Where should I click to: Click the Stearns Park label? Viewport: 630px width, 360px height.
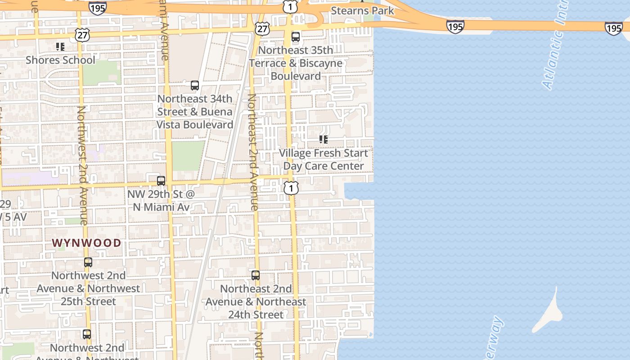(x=362, y=11)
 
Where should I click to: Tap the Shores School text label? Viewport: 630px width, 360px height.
(x=60, y=60)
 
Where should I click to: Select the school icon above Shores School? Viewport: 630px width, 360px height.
(x=60, y=46)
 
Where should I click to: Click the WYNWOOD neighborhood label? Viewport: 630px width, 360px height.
(x=86, y=243)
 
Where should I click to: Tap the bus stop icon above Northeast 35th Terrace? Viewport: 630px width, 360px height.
(x=296, y=37)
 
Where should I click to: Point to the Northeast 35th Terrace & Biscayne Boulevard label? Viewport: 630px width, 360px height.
(x=296, y=63)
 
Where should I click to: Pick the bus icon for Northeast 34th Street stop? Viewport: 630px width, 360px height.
(x=195, y=85)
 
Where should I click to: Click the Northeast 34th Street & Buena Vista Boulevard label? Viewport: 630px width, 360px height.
(x=195, y=112)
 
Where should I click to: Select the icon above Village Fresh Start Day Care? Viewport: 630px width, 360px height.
(x=323, y=139)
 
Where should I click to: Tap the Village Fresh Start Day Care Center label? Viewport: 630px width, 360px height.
(x=323, y=159)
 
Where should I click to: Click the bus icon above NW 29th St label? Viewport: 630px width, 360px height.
(x=161, y=181)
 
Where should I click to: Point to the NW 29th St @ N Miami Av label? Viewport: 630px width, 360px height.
(x=161, y=201)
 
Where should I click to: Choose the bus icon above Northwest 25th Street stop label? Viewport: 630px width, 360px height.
(x=88, y=262)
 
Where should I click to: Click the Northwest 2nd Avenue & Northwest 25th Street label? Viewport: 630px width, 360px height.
(x=88, y=288)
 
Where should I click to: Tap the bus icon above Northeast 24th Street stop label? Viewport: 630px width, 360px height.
(x=256, y=275)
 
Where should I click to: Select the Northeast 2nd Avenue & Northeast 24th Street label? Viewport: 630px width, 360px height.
(x=256, y=301)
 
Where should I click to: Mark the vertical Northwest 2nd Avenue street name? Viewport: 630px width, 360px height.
(x=83, y=165)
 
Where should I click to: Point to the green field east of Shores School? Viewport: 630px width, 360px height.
(x=102, y=72)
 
